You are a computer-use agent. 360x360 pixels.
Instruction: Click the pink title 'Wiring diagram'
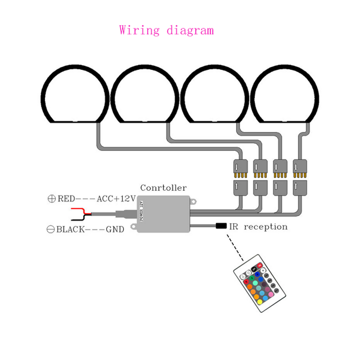point(166,31)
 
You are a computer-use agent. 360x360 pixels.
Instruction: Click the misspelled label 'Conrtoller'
point(163,188)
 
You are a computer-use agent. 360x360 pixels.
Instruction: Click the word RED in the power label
point(66,198)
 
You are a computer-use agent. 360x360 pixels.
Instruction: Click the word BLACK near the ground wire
point(70,229)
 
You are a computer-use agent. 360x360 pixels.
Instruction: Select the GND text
point(115,229)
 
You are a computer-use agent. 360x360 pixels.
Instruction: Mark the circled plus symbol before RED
point(51,198)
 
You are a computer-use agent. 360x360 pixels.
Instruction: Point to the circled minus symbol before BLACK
point(51,229)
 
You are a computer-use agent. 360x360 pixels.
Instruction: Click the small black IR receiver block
point(221,226)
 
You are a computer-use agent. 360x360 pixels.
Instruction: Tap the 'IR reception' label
point(258,226)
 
